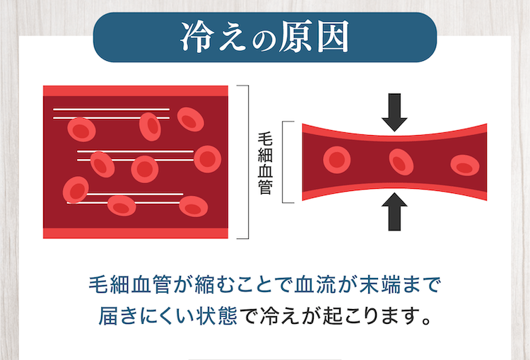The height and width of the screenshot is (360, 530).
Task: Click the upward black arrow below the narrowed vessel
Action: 394,211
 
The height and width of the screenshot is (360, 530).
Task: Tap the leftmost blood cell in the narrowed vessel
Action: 337,160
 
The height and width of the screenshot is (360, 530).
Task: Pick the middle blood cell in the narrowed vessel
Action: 401,162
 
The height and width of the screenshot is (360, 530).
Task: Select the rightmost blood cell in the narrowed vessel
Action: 465,165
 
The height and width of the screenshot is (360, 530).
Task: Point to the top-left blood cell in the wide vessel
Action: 81,129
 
